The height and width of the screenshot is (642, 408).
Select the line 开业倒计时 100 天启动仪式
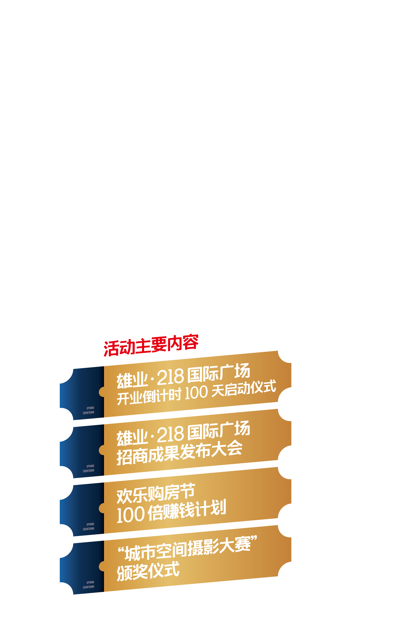(x=196, y=392)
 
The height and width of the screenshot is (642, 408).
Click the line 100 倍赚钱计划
(x=171, y=511)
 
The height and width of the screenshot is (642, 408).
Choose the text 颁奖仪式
(x=148, y=571)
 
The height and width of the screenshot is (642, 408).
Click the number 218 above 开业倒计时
(x=171, y=377)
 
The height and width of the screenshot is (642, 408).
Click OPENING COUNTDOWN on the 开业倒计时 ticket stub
(x=89, y=410)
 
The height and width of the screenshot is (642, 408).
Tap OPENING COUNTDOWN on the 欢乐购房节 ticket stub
(x=89, y=527)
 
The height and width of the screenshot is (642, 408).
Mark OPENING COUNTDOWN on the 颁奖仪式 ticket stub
(x=89, y=585)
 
